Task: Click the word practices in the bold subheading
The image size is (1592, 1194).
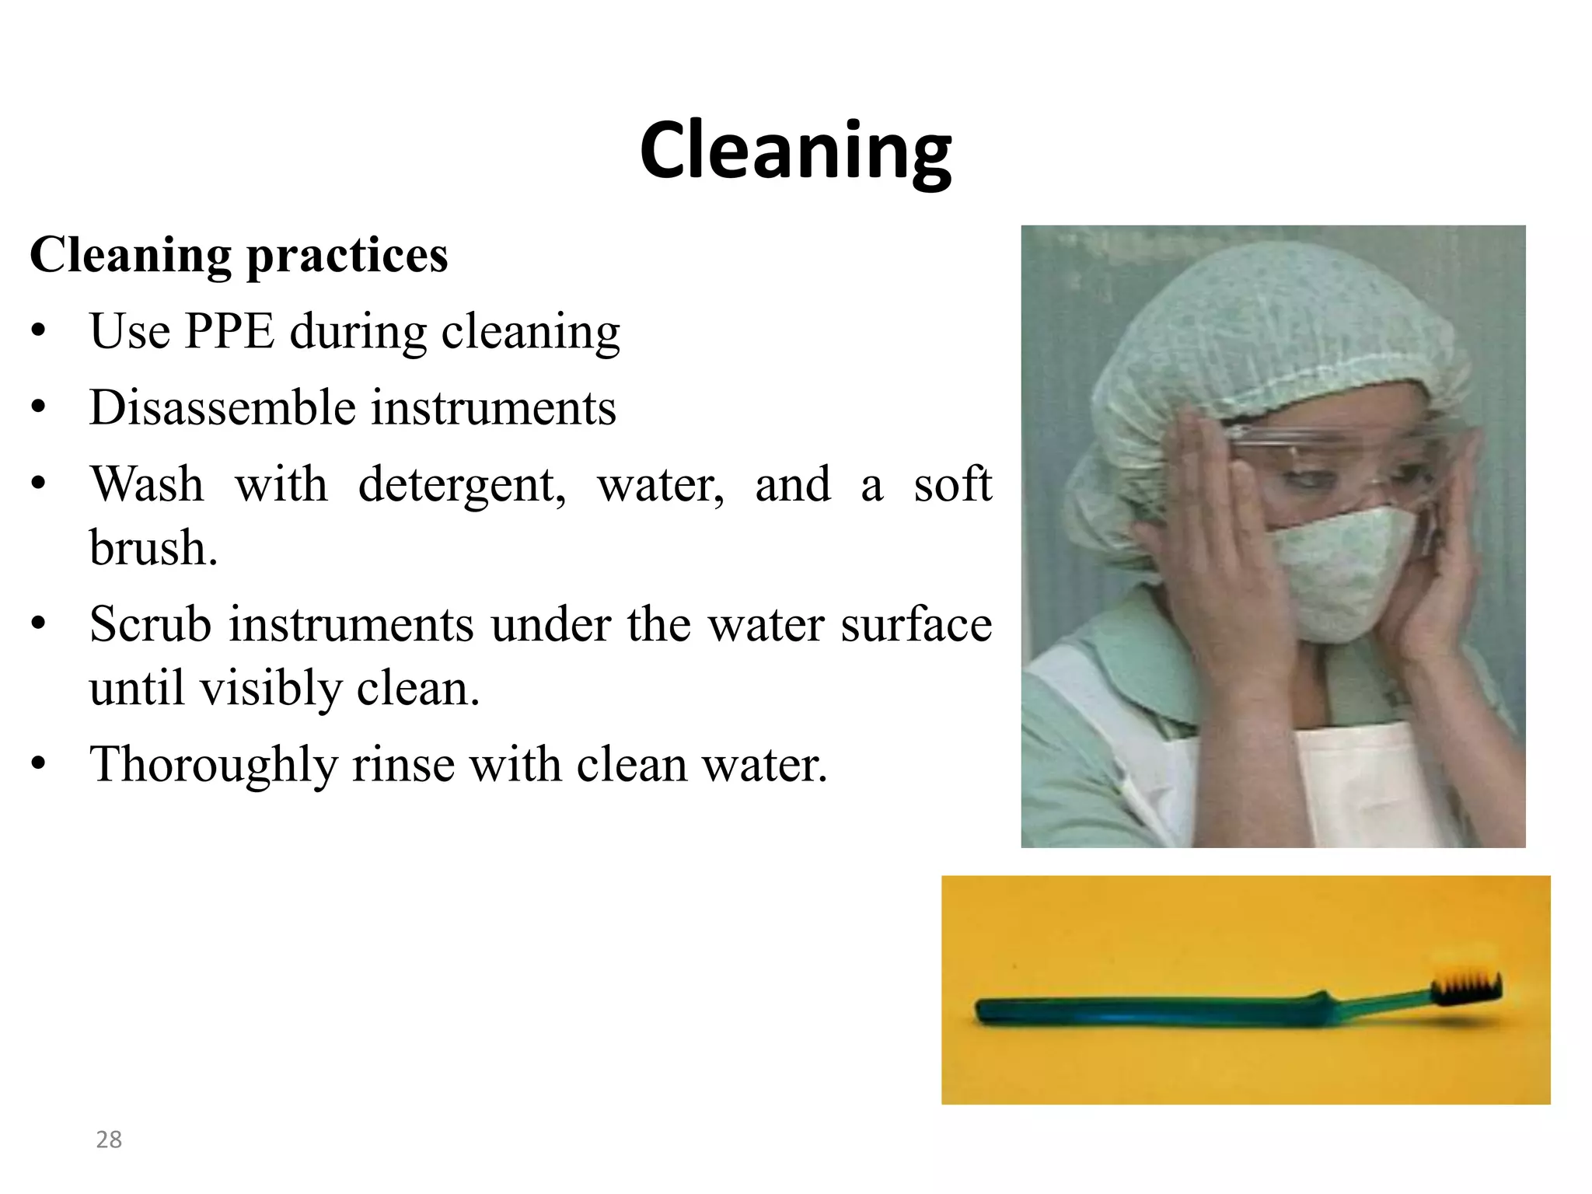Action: pyautogui.click(x=347, y=257)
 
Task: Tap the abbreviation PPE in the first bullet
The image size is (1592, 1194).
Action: pyautogui.click(x=229, y=332)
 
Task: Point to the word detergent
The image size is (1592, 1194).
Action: pyautogui.click(x=462, y=485)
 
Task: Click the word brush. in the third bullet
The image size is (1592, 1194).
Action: pyautogui.click(x=153, y=548)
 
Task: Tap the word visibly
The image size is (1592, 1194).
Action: pyautogui.click(x=271, y=689)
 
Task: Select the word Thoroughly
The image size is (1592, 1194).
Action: pyautogui.click(x=213, y=765)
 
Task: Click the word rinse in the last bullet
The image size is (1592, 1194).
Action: pyautogui.click(x=403, y=765)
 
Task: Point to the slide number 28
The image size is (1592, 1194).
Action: pyautogui.click(x=109, y=1140)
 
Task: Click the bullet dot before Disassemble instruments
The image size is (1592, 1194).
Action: pyautogui.click(x=39, y=408)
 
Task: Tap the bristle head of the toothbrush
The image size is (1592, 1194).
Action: pyautogui.click(x=1466, y=988)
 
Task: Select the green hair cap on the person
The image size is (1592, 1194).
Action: pyautogui.click(x=1275, y=326)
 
